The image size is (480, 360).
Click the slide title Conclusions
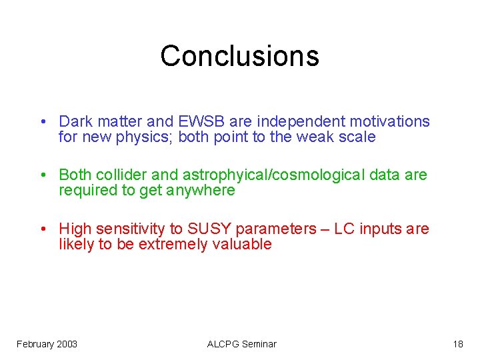(x=239, y=56)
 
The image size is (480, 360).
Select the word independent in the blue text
(x=291, y=121)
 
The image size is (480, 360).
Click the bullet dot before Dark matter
(x=42, y=122)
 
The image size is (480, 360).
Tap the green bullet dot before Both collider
(x=42, y=175)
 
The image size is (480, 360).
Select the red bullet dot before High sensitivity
(x=42, y=229)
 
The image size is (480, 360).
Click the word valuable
(x=242, y=244)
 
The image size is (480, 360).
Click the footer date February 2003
(x=47, y=344)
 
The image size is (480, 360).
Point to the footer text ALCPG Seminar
(x=241, y=344)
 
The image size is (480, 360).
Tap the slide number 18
(x=457, y=344)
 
